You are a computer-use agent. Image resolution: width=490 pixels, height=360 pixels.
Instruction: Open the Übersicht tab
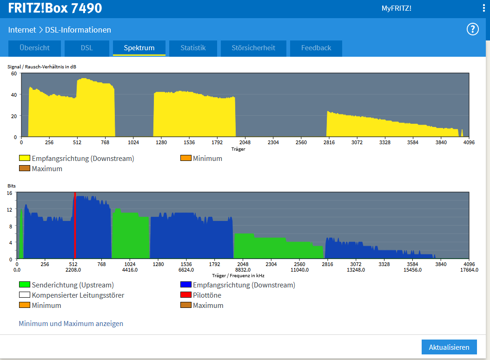[x=34, y=48]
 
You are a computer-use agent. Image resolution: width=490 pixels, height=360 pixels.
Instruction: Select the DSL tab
[x=87, y=48]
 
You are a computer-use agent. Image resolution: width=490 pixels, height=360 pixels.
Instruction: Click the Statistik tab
[x=193, y=48]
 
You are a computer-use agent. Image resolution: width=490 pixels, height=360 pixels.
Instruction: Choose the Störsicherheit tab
[x=253, y=48]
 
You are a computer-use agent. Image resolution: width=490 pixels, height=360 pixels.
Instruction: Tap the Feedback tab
[x=316, y=48]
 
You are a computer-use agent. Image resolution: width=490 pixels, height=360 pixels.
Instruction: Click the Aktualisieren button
[x=449, y=347]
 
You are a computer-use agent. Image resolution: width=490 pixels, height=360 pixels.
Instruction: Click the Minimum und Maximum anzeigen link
[x=71, y=323]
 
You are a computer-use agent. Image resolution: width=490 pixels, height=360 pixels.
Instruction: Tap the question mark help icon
[x=472, y=29]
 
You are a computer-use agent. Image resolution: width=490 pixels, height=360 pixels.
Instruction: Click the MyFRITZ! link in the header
[x=396, y=8]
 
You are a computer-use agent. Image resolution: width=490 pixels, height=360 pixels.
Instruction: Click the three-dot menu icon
[x=484, y=8]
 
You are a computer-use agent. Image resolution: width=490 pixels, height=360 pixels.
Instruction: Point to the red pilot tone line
[x=75, y=225]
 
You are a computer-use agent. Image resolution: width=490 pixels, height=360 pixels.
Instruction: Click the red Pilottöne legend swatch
[x=186, y=294]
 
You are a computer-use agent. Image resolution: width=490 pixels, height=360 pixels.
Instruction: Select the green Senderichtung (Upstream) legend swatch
[x=25, y=285]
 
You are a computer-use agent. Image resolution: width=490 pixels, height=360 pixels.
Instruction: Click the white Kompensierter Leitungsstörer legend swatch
[x=25, y=294]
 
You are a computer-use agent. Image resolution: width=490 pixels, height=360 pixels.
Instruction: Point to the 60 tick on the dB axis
[x=14, y=73]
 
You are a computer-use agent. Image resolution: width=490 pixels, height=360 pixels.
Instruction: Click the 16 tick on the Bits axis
[x=10, y=193]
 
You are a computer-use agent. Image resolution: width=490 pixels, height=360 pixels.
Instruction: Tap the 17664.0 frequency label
[x=469, y=270]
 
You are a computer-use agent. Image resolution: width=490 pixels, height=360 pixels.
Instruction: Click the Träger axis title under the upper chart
[x=238, y=149]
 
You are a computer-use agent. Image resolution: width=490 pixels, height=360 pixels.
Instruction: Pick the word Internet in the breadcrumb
[x=22, y=30]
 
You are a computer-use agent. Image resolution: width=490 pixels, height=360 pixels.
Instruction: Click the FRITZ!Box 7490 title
[x=55, y=8]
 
